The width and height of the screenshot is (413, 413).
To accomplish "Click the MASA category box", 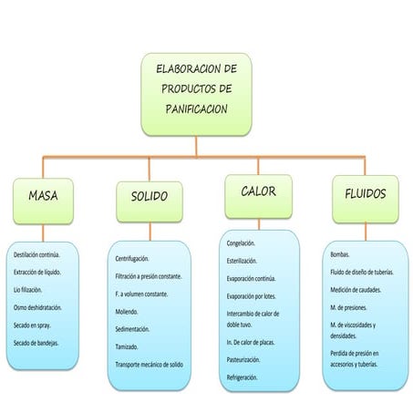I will (43, 195).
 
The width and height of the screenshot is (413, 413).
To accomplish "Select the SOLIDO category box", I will (150, 197).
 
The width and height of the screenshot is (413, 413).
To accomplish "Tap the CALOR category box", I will (258, 192).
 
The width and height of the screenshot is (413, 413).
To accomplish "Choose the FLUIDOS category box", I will (365, 194).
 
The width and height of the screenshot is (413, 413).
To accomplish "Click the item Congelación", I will (241, 243).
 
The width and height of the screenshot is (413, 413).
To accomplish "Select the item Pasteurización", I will (245, 359).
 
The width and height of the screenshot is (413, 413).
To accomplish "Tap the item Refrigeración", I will (243, 377).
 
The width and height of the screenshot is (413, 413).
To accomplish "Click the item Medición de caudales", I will (356, 290).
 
